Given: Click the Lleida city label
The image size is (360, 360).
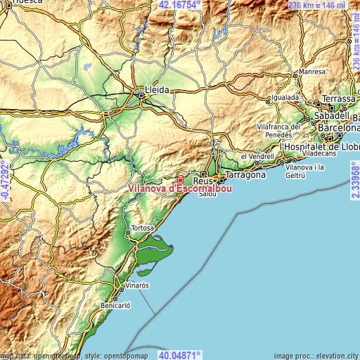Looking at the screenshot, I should (x=157, y=90).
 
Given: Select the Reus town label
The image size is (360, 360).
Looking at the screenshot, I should (x=202, y=181).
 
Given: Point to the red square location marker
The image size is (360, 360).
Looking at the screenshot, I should (x=179, y=180).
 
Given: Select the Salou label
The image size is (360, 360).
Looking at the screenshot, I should (x=208, y=194).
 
